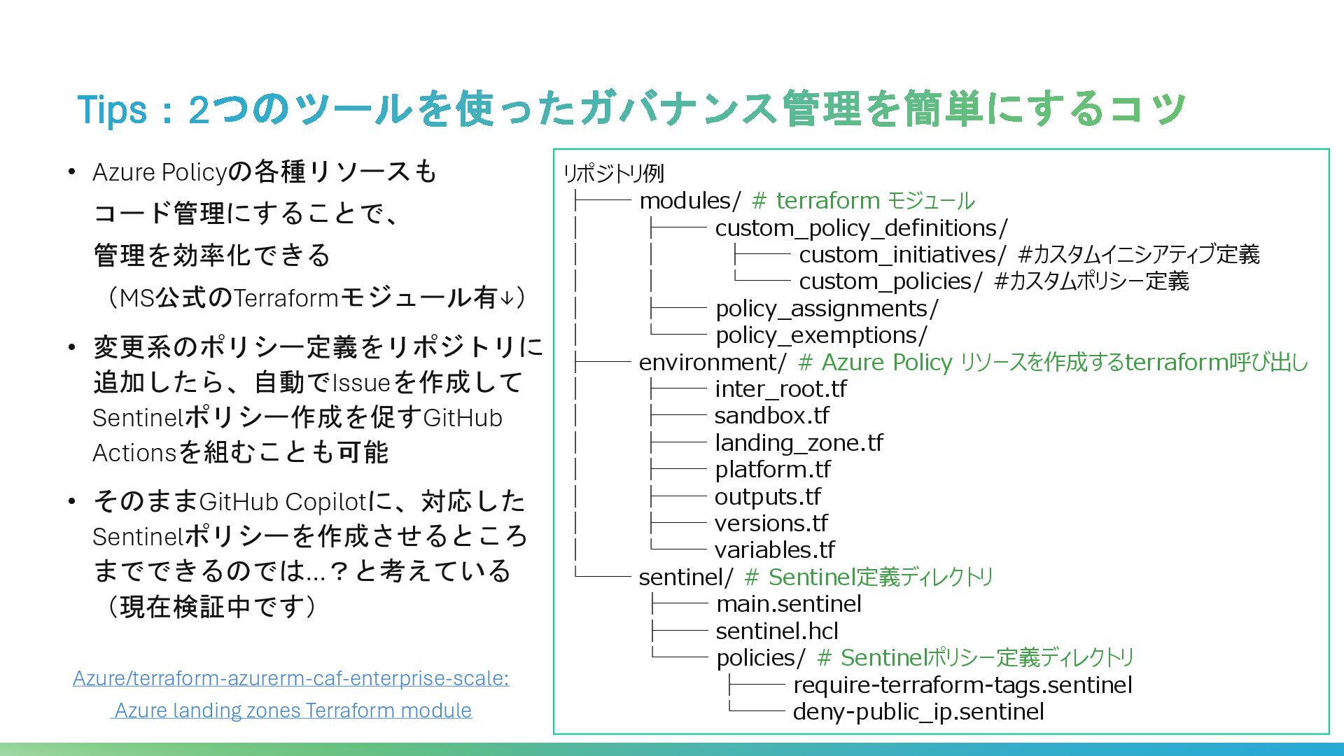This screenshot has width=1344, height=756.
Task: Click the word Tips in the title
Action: click(x=112, y=110)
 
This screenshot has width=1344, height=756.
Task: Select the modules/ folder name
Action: click(x=689, y=201)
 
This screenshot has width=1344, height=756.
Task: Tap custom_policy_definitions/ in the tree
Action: click(x=861, y=228)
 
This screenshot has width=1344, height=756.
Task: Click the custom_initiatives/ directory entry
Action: click(x=902, y=255)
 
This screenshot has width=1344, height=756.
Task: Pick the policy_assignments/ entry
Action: click(x=827, y=309)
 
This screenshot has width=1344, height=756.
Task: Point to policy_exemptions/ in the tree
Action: click(x=821, y=335)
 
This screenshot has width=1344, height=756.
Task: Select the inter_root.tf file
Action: click(x=780, y=389)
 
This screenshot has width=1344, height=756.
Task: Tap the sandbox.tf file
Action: click(x=771, y=416)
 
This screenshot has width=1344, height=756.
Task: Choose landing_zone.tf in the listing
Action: click(x=799, y=443)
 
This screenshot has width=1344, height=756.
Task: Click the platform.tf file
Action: click(x=773, y=470)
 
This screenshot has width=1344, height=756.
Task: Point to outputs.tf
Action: click(x=767, y=497)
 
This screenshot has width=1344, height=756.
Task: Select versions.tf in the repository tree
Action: click(x=771, y=524)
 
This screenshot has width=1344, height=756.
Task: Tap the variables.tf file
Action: click(x=774, y=550)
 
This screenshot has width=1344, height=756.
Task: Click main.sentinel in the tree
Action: click(x=788, y=604)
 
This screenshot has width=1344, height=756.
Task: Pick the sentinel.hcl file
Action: click(x=776, y=631)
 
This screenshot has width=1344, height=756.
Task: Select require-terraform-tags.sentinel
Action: click(x=962, y=685)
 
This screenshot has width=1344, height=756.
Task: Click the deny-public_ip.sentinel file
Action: click(x=918, y=712)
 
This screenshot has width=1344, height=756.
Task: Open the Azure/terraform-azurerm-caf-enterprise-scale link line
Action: click(x=291, y=678)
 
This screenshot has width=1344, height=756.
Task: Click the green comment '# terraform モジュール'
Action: click(x=863, y=201)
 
